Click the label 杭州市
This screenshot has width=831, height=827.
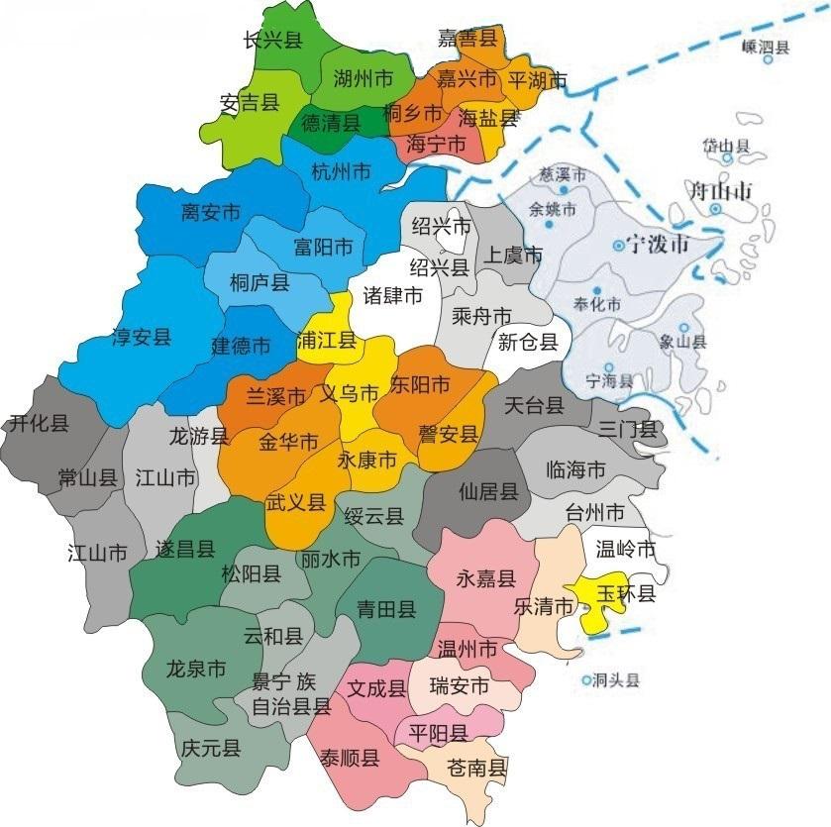pyautogui.click(x=341, y=170)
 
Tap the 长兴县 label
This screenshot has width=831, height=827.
pyautogui.click(x=272, y=40)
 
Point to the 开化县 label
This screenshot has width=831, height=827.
pyautogui.click(x=39, y=424)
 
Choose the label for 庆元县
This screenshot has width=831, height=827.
pyautogui.click(x=211, y=748)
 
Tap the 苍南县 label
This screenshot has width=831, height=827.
pyautogui.click(x=477, y=767)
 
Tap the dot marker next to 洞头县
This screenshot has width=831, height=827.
pyautogui.click(x=587, y=681)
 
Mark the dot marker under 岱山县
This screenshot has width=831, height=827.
pyautogui.click(x=729, y=158)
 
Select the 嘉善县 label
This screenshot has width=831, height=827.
pyautogui.click(x=467, y=39)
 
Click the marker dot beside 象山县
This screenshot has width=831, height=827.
pyautogui.click(x=683, y=327)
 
